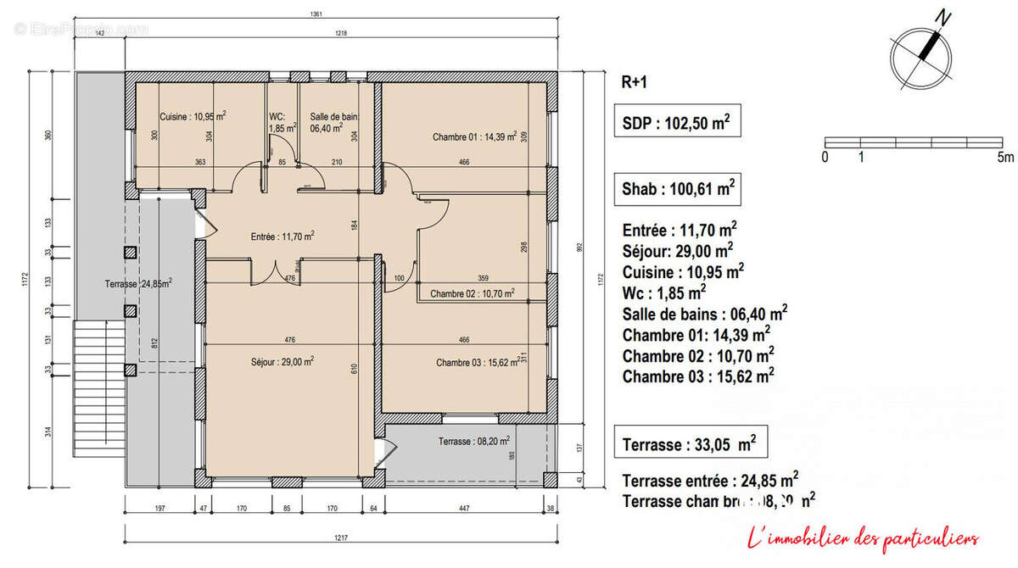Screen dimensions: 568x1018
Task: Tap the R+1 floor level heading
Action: (x=635, y=83)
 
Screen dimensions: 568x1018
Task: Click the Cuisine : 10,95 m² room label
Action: (x=193, y=117)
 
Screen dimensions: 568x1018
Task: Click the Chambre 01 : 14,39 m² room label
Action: (x=474, y=136)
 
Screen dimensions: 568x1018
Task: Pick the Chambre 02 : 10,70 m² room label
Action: (x=472, y=293)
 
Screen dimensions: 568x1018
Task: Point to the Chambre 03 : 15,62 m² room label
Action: (x=478, y=362)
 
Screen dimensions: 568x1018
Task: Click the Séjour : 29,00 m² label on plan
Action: (x=282, y=361)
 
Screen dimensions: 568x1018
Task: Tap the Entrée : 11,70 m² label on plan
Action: (x=282, y=237)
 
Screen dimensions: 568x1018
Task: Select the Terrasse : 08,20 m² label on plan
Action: (x=473, y=441)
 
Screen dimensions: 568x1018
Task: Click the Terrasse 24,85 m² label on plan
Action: (x=139, y=283)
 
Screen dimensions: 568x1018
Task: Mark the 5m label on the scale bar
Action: (x=1005, y=157)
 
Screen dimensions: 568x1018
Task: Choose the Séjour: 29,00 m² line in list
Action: (x=677, y=251)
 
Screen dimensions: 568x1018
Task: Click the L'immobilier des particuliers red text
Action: (x=862, y=537)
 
